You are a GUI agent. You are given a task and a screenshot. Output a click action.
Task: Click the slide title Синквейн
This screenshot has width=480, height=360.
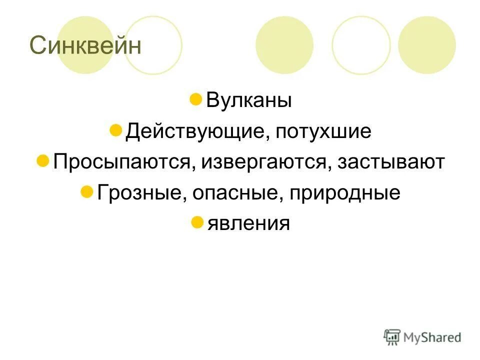point(85,46)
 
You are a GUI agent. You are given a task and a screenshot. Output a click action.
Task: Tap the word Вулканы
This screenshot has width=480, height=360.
point(248,100)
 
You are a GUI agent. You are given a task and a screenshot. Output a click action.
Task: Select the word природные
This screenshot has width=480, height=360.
point(344,192)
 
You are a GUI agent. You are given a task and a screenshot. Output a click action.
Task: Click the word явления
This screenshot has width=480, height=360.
point(248,223)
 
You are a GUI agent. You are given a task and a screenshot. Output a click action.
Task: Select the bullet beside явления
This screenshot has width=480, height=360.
point(197,221)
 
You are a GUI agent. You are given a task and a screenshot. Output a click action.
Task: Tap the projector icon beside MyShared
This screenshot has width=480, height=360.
point(392,336)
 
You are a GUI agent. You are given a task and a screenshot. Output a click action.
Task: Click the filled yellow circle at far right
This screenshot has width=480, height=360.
point(426,45)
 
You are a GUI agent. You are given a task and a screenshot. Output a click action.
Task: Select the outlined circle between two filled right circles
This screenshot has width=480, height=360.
point(361,45)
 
